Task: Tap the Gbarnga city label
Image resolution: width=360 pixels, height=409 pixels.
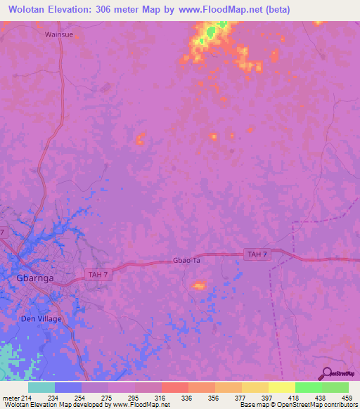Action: pyautogui.click(x=34, y=278)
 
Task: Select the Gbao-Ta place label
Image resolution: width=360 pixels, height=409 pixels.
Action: pyautogui.click(x=187, y=260)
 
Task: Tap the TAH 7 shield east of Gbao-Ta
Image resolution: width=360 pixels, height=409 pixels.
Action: pyautogui.click(x=256, y=253)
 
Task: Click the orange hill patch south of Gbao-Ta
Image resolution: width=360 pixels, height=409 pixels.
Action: pyautogui.click(x=199, y=285)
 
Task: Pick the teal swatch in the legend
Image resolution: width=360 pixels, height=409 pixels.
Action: pyautogui.click(x=41, y=387)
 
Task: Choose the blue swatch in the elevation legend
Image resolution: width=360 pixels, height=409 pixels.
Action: pyautogui.click(x=67, y=387)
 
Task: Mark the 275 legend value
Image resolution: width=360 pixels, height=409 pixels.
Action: pyautogui.click(x=106, y=397)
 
